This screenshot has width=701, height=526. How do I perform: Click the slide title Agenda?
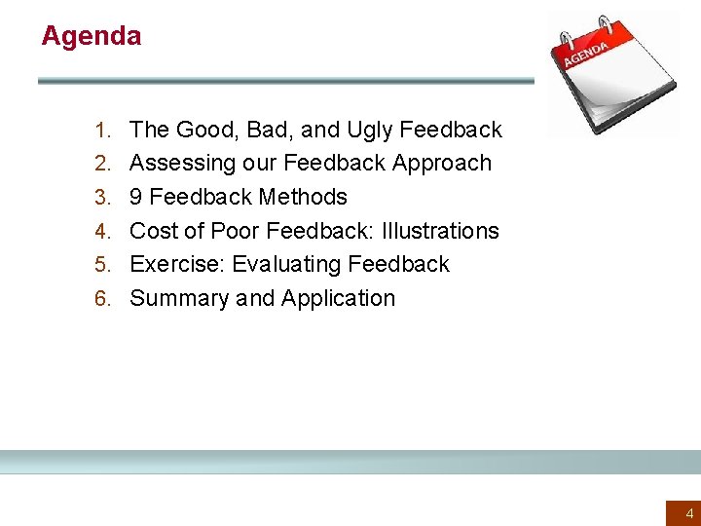tap(91, 37)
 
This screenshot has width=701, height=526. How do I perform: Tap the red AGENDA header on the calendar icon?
tap(588, 54)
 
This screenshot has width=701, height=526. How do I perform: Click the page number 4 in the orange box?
tap(689, 513)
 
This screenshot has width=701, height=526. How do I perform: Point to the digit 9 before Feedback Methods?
tap(136, 197)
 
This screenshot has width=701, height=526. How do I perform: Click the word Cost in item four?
tap(152, 231)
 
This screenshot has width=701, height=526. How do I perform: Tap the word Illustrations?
tap(440, 231)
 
